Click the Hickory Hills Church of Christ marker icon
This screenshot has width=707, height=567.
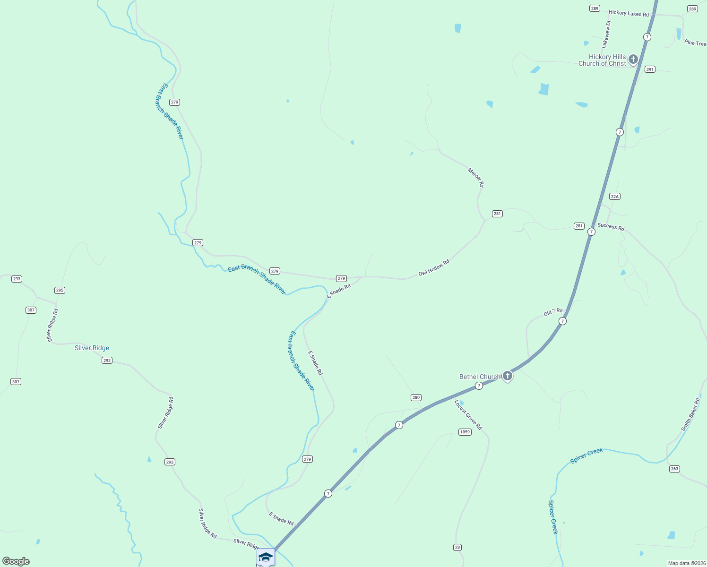click(633, 60)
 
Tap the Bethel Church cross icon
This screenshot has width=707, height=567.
click(507, 376)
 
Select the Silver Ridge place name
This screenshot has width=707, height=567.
click(92, 348)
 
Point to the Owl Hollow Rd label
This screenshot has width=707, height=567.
click(434, 267)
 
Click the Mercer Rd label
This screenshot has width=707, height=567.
click(476, 178)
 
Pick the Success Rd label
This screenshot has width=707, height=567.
click(611, 227)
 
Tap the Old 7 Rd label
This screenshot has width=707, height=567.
click(553, 312)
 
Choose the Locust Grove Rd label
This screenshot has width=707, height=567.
click(468, 415)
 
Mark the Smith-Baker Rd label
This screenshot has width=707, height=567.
click(690, 414)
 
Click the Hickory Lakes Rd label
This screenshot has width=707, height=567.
click(629, 13)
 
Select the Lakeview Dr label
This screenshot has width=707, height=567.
click(606, 34)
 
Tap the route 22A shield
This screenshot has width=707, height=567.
click(614, 197)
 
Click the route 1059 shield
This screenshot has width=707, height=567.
click(465, 432)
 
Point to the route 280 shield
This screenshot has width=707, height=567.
click(416, 397)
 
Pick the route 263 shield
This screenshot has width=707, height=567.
click(674, 469)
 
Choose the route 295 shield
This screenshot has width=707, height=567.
click(60, 290)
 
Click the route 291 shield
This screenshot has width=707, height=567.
click(650, 69)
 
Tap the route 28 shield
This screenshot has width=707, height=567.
click(457, 547)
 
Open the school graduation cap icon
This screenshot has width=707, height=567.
click(266, 557)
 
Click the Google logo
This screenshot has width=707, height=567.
click(16, 561)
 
